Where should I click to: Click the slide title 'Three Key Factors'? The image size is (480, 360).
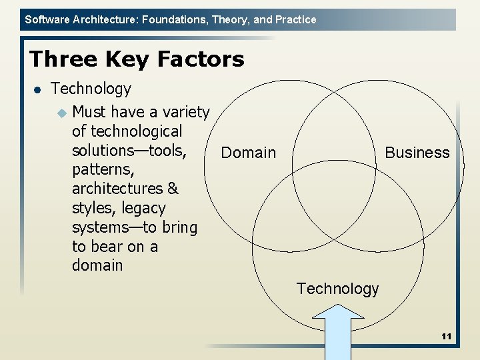[137, 59]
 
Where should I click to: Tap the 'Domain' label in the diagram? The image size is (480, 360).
[248, 153]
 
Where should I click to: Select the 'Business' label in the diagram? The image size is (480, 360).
[417, 153]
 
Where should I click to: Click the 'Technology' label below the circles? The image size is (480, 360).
[337, 289]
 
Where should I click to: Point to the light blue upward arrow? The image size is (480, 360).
[339, 333]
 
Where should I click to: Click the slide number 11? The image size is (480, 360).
[446, 337]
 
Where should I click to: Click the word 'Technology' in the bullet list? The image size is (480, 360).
[91, 89]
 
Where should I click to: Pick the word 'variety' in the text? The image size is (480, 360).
[183, 111]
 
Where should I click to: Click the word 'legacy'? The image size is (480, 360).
[143, 208]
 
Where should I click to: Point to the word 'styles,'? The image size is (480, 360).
[94, 208]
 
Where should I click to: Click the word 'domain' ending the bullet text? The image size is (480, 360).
[97, 265]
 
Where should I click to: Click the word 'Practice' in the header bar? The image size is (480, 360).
[295, 20]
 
